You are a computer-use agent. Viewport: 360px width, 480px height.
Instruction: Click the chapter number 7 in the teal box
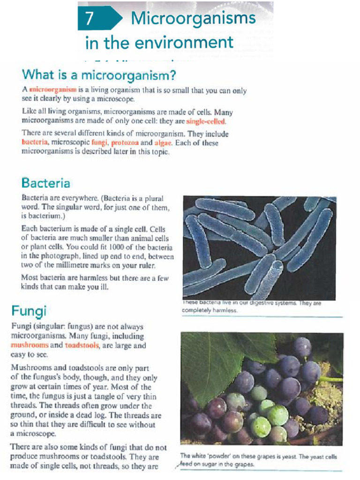(90, 18)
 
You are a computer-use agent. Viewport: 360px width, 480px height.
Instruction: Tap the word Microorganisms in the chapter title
(193, 18)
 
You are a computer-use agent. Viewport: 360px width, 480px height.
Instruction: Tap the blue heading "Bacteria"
(45, 182)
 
